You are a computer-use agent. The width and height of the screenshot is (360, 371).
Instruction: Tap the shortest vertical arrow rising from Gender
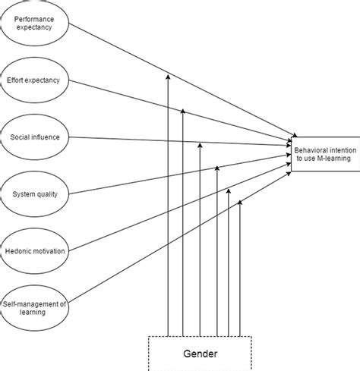pyautogui.click(x=240, y=266)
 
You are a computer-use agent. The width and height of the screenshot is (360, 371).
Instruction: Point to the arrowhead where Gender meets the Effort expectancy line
pyautogui.click(x=183, y=112)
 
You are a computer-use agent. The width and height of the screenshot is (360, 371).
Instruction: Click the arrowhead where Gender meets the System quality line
pyautogui.click(x=217, y=168)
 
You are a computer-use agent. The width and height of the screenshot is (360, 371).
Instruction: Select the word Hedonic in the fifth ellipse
pyautogui.click(x=23, y=251)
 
